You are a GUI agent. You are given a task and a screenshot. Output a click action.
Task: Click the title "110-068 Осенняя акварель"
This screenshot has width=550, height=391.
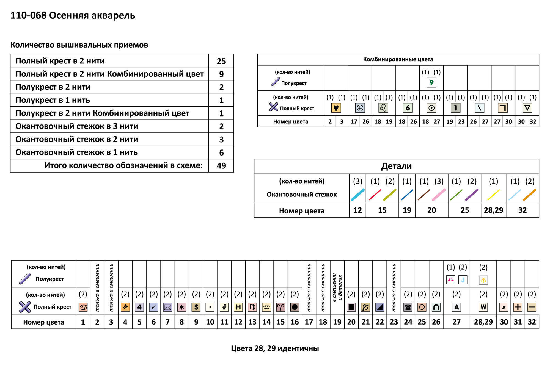coord(73,15)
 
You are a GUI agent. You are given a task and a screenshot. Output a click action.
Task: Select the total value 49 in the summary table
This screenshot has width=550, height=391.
coord(221,166)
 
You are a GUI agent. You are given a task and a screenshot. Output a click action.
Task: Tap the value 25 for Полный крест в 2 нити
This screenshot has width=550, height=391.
coord(221,61)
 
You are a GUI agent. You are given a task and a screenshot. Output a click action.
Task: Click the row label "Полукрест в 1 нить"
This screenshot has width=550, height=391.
coord(53,100)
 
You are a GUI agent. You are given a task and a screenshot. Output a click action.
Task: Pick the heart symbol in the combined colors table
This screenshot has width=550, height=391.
coord(336,108)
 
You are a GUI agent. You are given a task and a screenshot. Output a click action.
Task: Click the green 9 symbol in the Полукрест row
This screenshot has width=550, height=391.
coord(431,82)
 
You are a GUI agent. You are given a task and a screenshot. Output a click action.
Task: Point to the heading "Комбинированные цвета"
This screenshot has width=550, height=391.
coord(398,59)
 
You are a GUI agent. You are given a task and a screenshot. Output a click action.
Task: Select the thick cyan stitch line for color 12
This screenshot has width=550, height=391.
coord(358,195)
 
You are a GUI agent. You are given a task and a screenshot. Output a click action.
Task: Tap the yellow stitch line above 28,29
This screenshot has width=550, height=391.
coord(493,195)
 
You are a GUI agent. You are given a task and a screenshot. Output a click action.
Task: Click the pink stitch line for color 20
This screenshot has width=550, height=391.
coord(439,195)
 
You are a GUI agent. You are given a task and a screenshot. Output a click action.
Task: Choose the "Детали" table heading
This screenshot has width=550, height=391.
coord(396,166)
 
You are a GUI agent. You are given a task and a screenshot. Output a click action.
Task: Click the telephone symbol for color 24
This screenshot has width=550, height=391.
coord(408,307)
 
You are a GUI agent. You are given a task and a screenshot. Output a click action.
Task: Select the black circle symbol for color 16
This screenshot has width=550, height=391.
coord(295,307)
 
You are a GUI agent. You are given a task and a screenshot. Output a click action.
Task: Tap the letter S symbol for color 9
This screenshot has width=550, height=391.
coord(196,307)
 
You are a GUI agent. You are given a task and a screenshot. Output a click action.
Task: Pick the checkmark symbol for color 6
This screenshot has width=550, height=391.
coord(153,307)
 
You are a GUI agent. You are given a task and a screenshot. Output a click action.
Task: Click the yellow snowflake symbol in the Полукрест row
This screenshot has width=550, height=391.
coord(483,280)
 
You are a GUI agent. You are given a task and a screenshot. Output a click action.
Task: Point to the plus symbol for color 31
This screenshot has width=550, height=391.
coord(518,307)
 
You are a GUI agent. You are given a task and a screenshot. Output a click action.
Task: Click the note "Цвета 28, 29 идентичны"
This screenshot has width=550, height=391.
coord(275,348)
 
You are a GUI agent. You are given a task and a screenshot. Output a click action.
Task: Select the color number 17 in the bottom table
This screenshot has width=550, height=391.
coord(309,322)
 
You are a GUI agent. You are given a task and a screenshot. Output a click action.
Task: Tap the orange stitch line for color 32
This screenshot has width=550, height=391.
coord(529,195)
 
